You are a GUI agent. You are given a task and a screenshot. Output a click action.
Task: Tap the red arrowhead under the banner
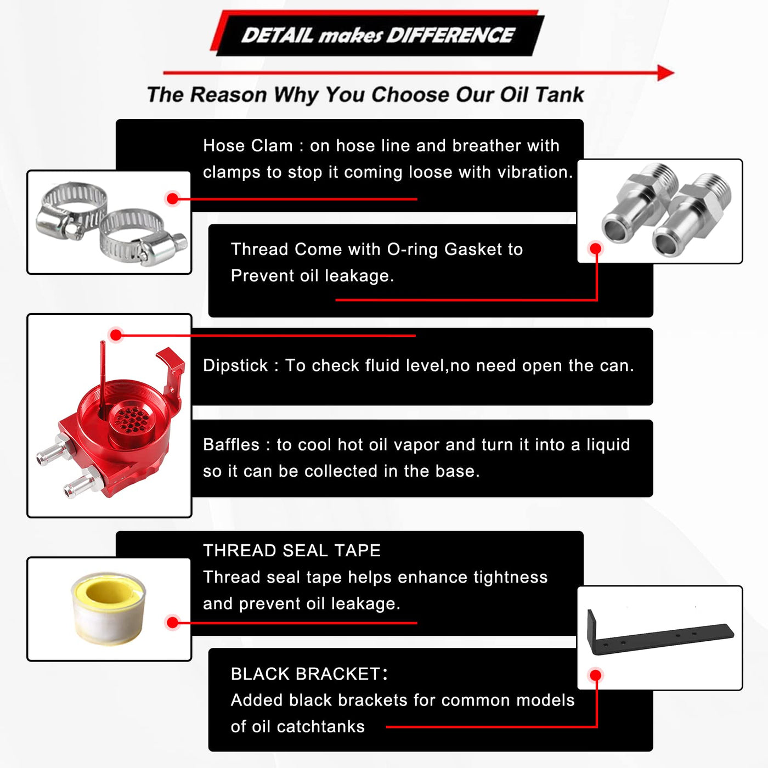tap(665, 73)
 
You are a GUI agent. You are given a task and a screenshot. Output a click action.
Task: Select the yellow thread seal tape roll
tap(109, 608)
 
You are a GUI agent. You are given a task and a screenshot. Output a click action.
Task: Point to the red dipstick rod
tap(103, 379)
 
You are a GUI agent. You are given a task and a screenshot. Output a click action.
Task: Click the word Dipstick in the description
tap(235, 366)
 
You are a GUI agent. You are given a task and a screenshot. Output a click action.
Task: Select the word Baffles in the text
tap(231, 445)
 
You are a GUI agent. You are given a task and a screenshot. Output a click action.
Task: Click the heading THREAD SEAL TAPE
tap(292, 551)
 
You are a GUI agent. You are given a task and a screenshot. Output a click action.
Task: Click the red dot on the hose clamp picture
tap(173, 199)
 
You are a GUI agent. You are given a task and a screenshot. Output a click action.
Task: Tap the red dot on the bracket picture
tap(595, 675)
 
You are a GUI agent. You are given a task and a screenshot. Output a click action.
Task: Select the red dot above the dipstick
tap(116, 335)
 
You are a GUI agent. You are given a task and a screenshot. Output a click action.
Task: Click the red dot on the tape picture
tap(173, 623)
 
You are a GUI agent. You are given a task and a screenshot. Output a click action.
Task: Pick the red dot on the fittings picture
tap(595, 249)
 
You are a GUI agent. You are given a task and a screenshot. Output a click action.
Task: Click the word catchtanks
tap(321, 726)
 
